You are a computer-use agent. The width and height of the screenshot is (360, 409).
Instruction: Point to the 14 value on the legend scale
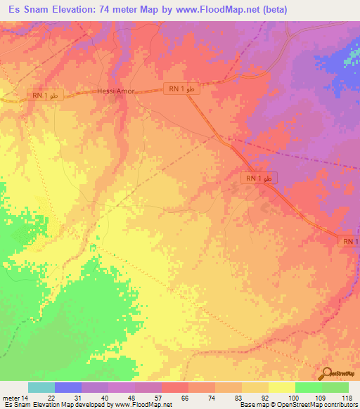click(x=28, y=398)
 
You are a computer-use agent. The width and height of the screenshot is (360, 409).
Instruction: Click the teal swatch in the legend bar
click(x=41, y=387)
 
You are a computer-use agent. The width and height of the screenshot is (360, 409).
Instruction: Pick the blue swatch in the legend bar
click(x=68, y=387)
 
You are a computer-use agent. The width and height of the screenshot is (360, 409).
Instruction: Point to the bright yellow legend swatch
click(x=282, y=387)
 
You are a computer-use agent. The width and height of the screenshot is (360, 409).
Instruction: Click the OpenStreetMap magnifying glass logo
click(x=328, y=374)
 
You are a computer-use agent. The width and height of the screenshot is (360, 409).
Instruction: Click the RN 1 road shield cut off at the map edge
click(x=351, y=241)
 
